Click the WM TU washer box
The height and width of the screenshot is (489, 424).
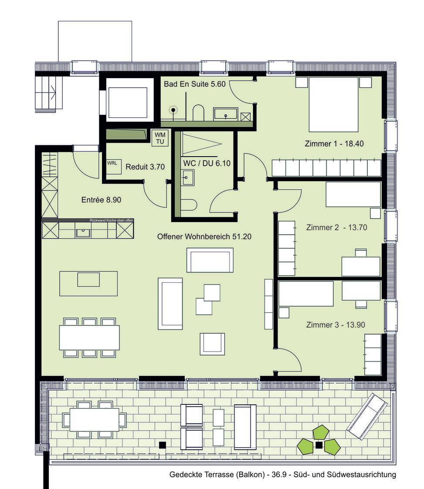click(159, 138)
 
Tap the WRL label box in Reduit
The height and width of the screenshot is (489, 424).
click(112, 163)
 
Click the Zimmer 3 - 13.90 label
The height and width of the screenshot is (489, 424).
click(335, 325)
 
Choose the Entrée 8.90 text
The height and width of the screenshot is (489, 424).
click(101, 200)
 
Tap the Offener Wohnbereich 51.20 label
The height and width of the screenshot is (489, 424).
click(204, 236)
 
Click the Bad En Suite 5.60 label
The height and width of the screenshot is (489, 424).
click(194, 84)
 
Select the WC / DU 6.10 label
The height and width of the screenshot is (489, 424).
click(207, 163)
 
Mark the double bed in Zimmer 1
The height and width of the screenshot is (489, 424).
click(333, 105)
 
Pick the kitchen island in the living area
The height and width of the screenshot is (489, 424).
click(88, 284)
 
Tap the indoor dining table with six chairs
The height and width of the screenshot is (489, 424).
click(89, 338)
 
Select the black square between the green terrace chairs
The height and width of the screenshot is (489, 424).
click(319, 445)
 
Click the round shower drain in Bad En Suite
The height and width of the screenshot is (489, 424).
click(174, 110)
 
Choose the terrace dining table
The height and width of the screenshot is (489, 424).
click(95, 419)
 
